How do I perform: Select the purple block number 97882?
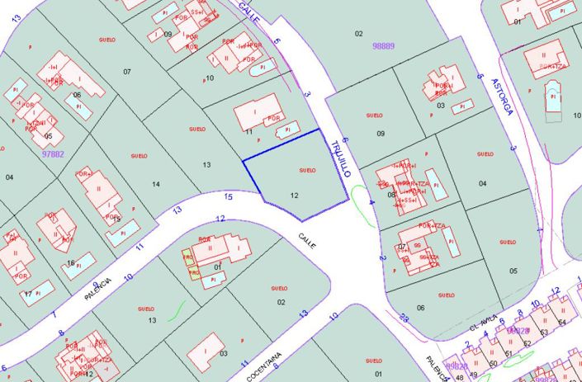click(52, 153)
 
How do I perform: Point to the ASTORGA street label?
click(501, 97)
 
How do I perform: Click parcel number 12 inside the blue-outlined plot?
click(295, 196)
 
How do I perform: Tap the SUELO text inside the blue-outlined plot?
click(307, 170)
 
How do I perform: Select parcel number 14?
click(156, 183)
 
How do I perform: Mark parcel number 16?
click(71, 263)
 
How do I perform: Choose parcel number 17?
click(28, 294)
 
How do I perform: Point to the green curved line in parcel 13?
click(174, 311)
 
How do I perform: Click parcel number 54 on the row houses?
click(562, 322)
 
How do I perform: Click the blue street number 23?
click(404, 317)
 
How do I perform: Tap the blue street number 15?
click(229, 196)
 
